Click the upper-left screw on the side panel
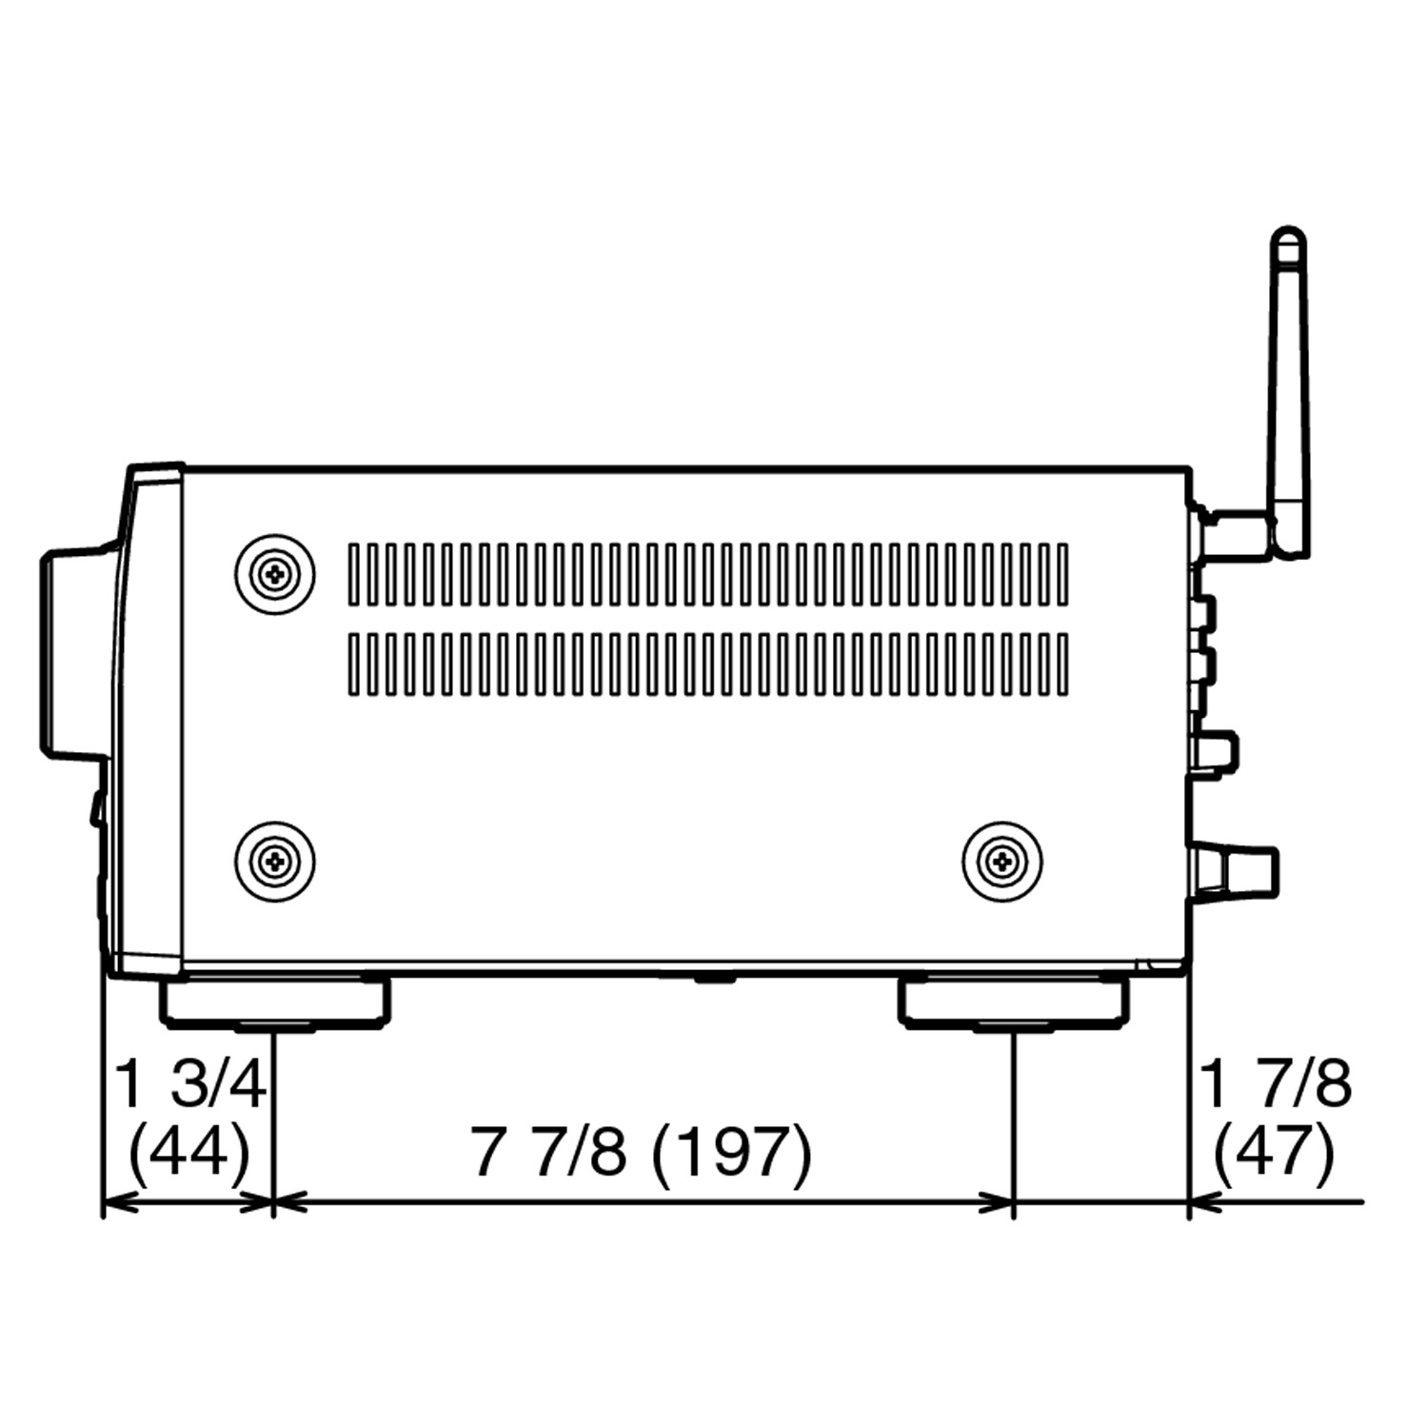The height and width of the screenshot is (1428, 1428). (x=275, y=574)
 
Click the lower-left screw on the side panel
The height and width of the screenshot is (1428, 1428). (x=275, y=862)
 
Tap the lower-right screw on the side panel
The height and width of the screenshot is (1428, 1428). (x=1002, y=862)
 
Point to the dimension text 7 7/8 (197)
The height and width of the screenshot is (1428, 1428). (x=643, y=1152)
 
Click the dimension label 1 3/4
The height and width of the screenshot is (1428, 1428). (x=188, y=1084)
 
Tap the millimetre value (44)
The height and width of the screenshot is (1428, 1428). (x=188, y=1152)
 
